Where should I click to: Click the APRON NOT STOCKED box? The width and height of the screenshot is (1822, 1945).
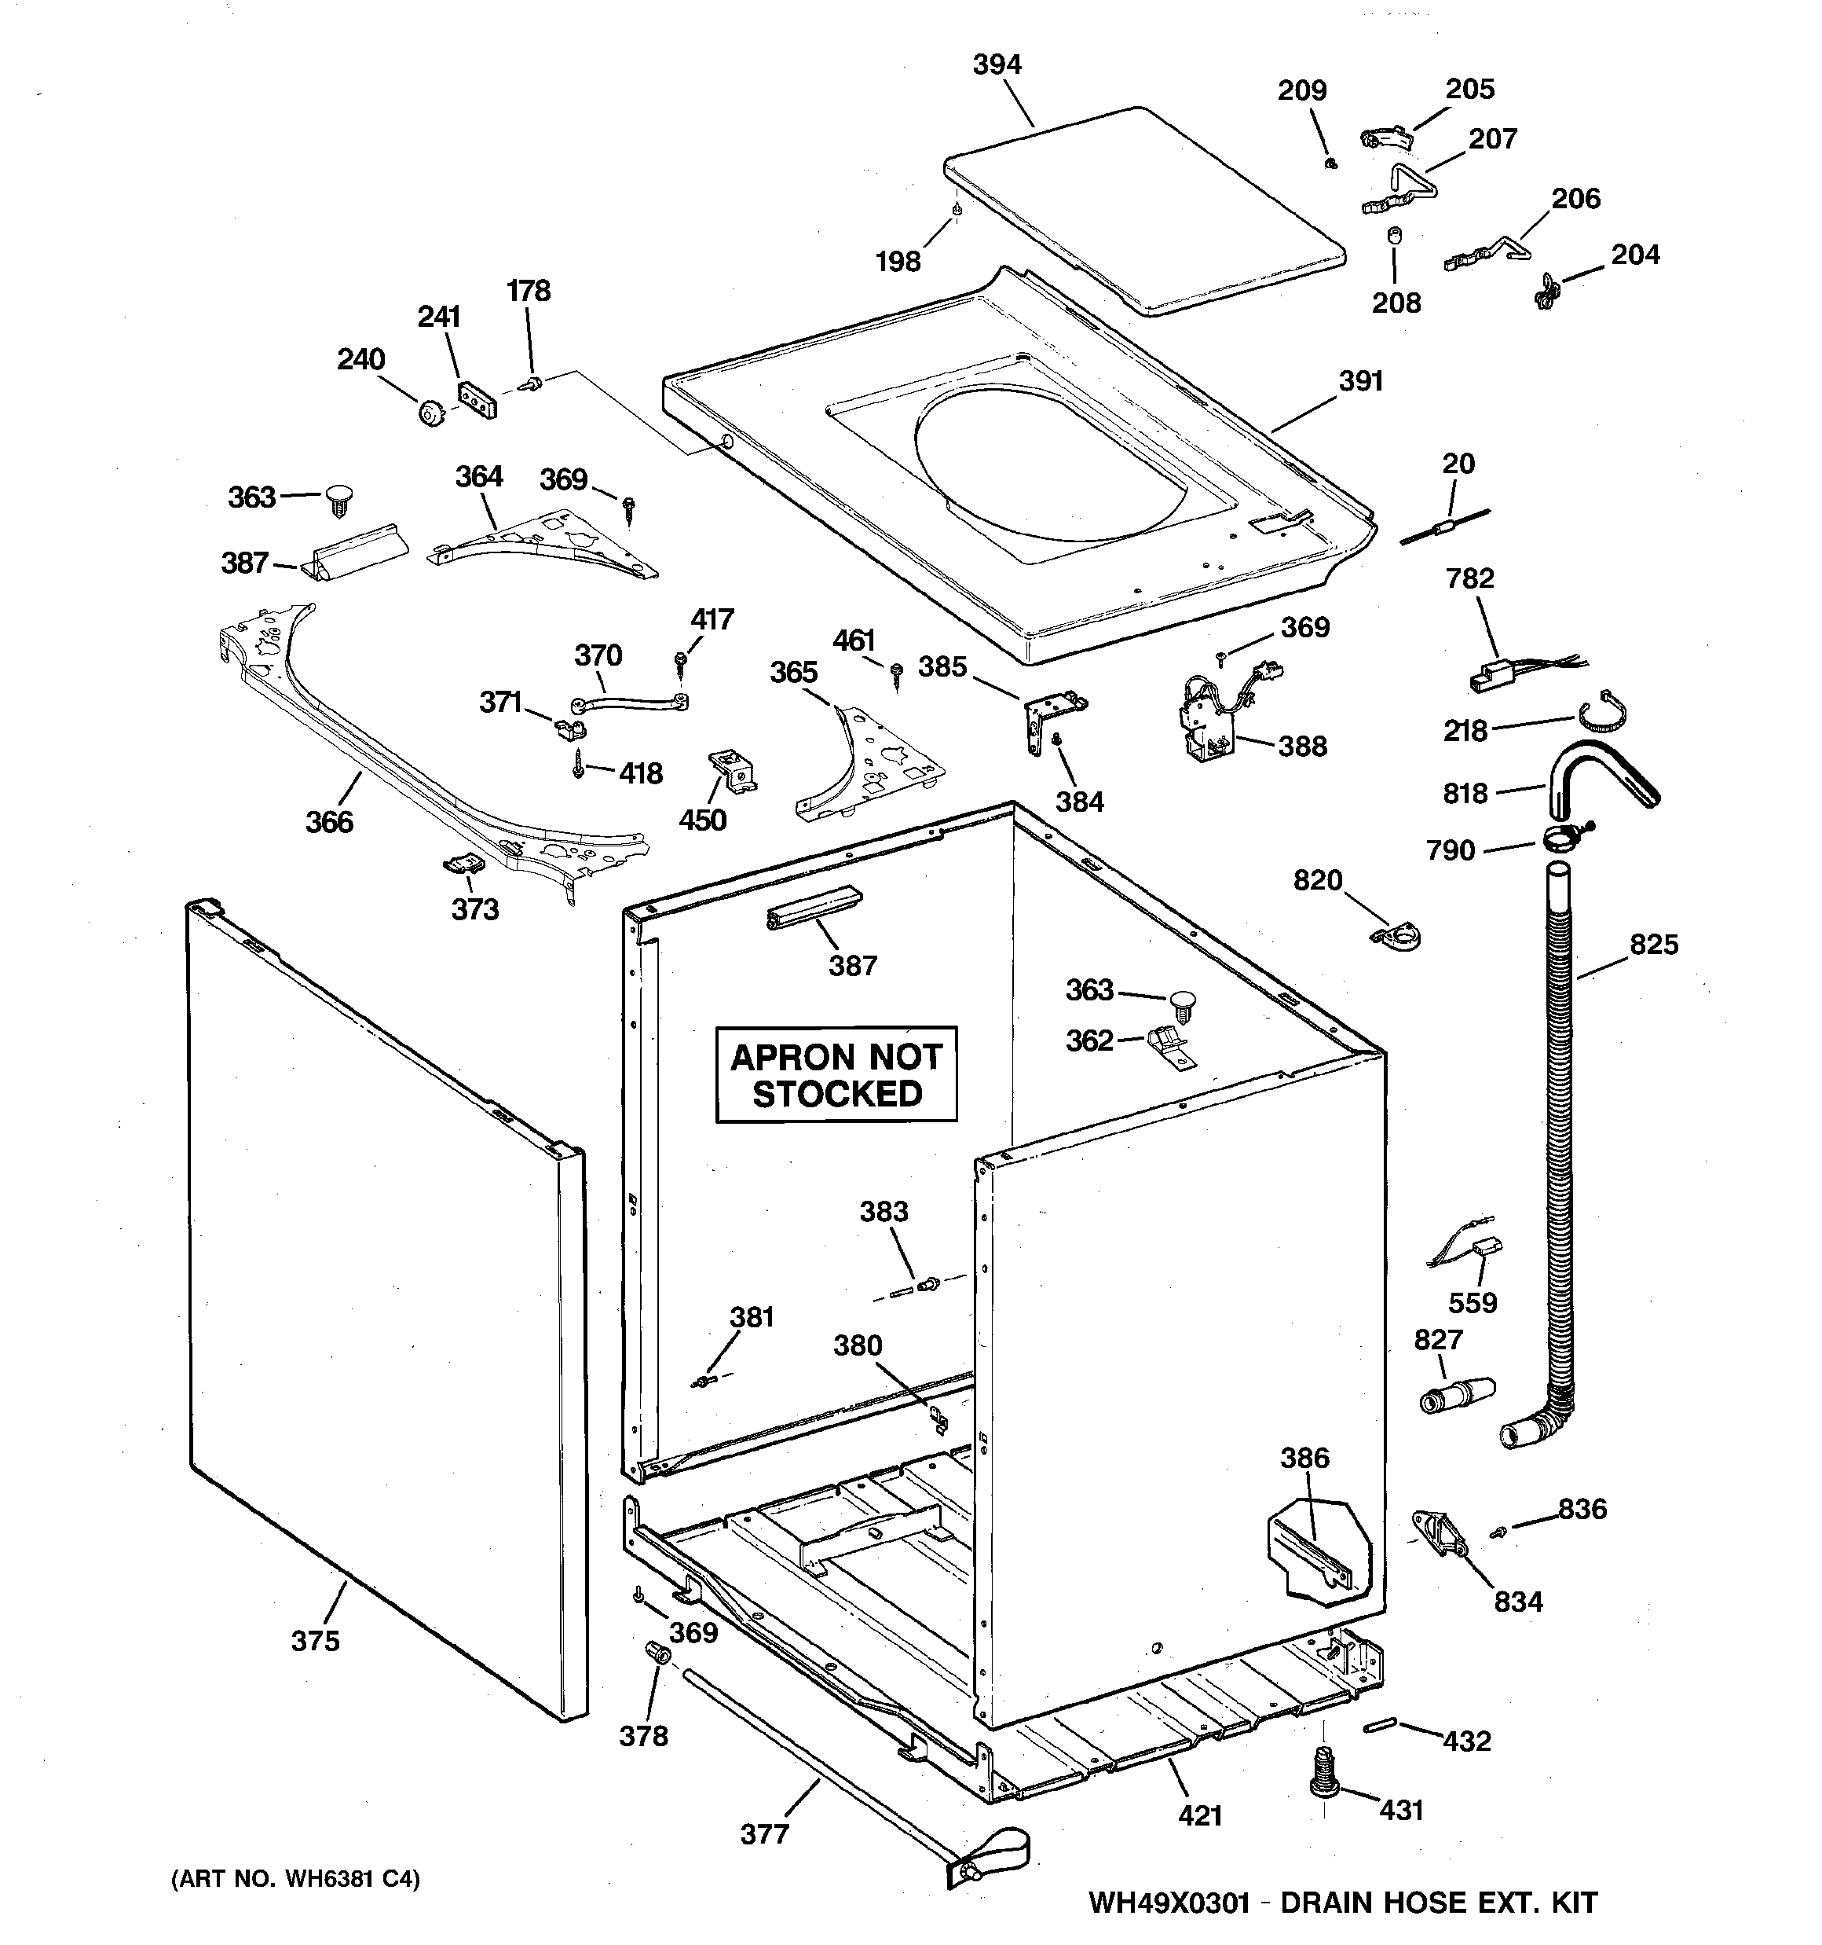point(836,1074)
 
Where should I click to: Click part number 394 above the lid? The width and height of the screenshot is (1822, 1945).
point(997,64)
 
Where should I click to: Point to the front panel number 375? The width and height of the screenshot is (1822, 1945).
point(315,1641)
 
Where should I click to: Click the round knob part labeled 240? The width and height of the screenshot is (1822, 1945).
point(428,413)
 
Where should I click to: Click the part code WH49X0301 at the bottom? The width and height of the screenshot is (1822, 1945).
point(1169,1903)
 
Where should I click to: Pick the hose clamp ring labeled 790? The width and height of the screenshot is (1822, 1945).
point(1563,838)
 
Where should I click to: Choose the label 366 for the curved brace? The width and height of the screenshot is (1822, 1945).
point(328,822)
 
